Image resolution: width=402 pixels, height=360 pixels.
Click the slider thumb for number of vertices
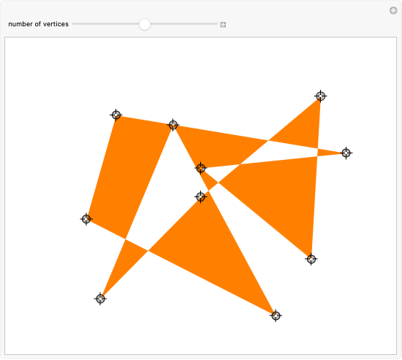click(145, 24)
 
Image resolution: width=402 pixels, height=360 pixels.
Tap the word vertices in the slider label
click(56, 24)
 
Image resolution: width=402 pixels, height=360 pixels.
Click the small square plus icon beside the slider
click(223, 25)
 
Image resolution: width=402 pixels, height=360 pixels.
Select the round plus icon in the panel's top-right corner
click(393, 10)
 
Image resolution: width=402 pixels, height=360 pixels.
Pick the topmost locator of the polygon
click(320, 96)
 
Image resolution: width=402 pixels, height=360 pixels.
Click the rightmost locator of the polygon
click(346, 153)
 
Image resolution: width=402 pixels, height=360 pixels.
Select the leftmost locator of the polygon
click(86, 219)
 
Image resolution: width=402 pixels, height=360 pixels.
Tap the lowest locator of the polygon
click(276, 315)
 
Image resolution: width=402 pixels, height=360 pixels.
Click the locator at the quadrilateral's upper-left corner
click(116, 115)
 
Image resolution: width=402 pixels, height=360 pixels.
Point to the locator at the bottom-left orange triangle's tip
click(100, 299)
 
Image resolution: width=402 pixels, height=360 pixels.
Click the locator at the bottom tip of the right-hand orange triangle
click(311, 259)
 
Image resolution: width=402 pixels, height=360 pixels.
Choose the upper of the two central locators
click(200, 168)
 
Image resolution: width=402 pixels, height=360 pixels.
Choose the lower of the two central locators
click(200, 196)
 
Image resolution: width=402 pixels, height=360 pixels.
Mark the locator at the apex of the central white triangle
click(173, 125)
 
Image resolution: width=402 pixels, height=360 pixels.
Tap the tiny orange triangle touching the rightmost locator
click(330, 153)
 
